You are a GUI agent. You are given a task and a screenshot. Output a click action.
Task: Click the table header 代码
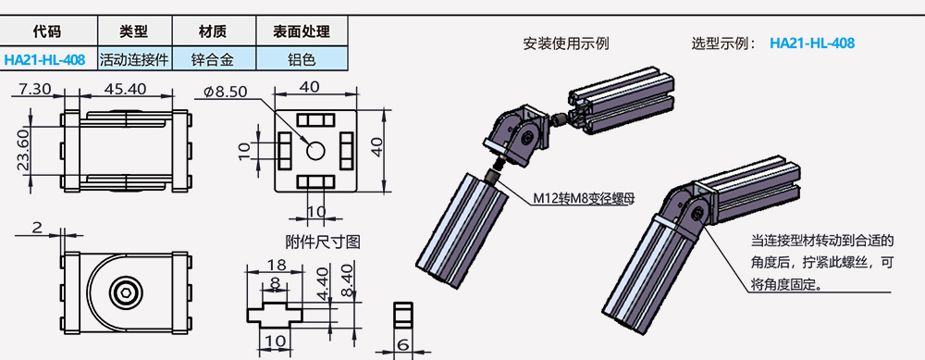(45, 31)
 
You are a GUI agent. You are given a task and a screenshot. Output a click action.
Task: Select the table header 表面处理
(302, 31)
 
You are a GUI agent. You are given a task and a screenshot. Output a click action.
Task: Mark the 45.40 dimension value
(126, 89)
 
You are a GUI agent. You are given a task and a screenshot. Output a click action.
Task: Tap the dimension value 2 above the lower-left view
(37, 227)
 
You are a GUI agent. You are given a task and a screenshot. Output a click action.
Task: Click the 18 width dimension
(276, 266)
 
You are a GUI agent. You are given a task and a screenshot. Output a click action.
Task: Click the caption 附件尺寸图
(322, 242)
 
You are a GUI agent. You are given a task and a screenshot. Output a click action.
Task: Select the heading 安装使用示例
(566, 43)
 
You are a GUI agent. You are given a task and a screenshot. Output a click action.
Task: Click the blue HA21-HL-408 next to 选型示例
(811, 43)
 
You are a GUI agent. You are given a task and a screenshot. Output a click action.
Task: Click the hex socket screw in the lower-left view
(127, 295)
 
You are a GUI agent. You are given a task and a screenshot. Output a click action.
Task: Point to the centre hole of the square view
(314, 149)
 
